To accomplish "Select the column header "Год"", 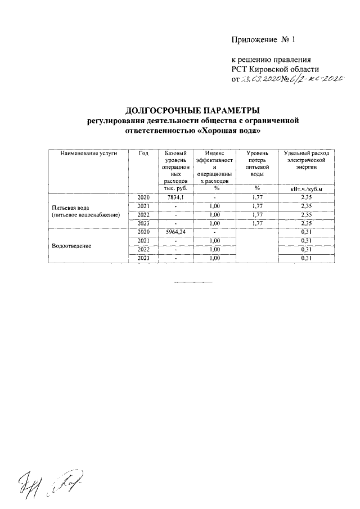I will click(x=143, y=154).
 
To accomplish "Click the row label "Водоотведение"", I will click(x=73, y=246).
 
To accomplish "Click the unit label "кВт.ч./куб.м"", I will click(x=306, y=189).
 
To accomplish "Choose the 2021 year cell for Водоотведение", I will click(x=144, y=241).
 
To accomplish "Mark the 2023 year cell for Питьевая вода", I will click(x=144, y=223).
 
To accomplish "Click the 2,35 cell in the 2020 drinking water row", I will click(x=306, y=197).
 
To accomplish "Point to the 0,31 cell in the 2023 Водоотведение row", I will click(x=306, y=258).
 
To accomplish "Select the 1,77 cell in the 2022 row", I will click(x=258, y=215).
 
